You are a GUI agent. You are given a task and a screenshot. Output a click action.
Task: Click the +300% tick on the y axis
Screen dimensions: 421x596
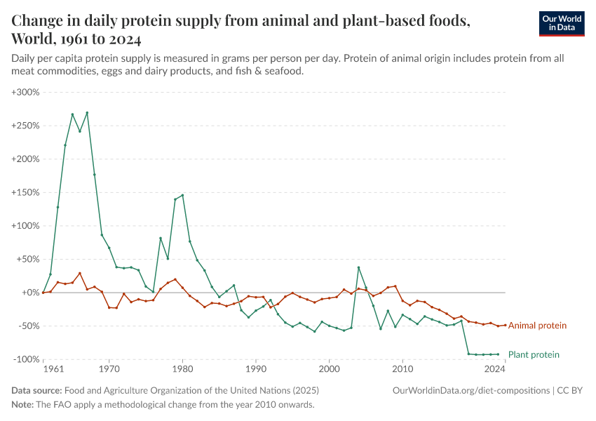[x=26, y=92]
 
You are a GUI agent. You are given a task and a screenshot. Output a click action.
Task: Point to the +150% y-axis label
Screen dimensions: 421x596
[x=26, y=192]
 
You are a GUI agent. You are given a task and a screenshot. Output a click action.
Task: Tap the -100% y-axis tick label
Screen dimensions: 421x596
[x=26, y=359]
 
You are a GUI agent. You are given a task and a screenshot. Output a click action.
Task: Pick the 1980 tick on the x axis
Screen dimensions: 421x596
[x=182, y=368]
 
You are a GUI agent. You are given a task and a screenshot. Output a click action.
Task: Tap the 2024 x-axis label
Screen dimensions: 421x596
[x=495, y=368]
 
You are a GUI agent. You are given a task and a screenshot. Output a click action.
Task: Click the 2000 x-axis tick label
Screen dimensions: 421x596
[x=329, y=368]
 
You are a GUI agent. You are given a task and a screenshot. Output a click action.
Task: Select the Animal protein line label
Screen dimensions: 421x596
[x=537, y=326]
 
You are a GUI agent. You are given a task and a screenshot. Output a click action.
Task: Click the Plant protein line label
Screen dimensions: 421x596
[x=534, y=355]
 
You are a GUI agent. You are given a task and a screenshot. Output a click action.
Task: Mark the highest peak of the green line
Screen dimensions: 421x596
[x=87, y=112]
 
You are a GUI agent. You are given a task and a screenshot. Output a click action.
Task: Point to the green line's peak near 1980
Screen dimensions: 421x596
[x=182, y=195]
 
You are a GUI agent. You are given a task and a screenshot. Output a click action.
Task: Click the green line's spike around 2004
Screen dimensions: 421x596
[x=358, y=267]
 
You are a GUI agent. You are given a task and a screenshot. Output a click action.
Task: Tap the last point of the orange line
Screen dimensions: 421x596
[x=505, y=325]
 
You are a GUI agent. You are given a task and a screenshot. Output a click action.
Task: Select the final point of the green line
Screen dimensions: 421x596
[x=498, y=354]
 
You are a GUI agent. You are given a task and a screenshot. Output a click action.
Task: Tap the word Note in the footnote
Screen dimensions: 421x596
[x=22, y=405]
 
